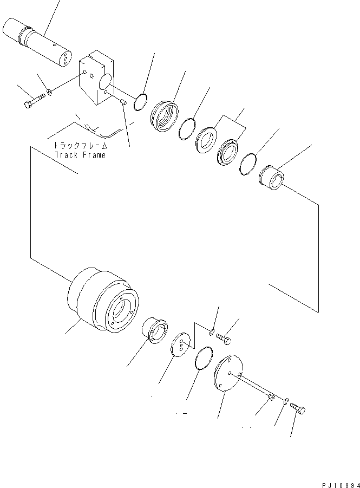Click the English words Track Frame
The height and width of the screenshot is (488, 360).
(80, 155)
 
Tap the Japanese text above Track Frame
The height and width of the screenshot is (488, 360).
(80, 146)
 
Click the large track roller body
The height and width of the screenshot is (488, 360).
(103, 302)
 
